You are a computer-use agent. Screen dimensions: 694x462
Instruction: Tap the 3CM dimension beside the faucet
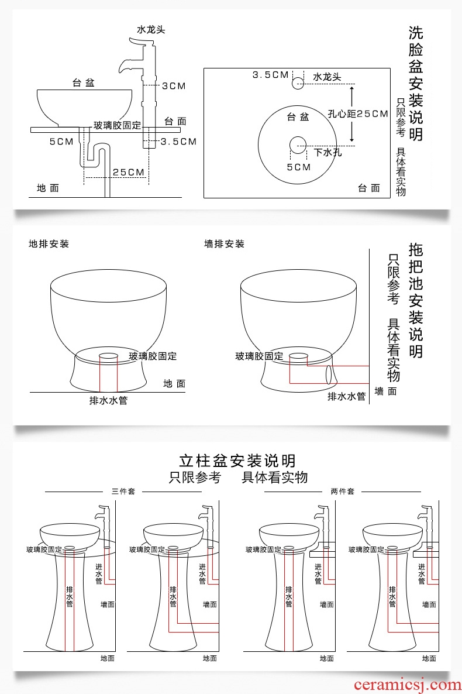tap(174, 86)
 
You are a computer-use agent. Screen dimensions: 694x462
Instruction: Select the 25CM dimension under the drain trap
tap(129, 172)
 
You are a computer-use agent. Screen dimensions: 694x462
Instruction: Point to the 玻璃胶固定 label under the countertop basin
tap(118, 125)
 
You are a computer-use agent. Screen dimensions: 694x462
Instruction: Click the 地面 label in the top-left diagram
tap(48, 188)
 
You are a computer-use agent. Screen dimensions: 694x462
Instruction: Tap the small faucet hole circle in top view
tap(298, 83)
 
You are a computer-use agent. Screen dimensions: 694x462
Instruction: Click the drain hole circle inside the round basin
tap(298, 145)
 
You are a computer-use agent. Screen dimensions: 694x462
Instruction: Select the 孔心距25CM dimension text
tap(357, 114)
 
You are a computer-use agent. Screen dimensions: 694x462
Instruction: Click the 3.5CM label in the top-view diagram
tap(271, 74)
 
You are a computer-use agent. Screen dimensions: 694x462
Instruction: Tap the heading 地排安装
tap(49, 243)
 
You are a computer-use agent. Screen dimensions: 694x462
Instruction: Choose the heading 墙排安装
tap(225, 243)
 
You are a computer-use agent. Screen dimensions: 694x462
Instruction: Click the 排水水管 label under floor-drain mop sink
tap(108, 401)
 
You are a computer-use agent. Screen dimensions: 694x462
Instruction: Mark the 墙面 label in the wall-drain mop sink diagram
tap(386, 391)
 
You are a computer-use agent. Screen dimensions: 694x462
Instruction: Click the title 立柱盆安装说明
tap(237, 461)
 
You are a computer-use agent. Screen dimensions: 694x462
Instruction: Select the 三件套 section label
tap(123, 492)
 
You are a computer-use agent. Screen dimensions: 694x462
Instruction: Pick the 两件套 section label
tap(342, 492)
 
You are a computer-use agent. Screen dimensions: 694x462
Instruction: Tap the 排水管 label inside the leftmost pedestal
tap(69, 596)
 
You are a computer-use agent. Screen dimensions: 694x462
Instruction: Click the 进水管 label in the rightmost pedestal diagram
tap(421, 574)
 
